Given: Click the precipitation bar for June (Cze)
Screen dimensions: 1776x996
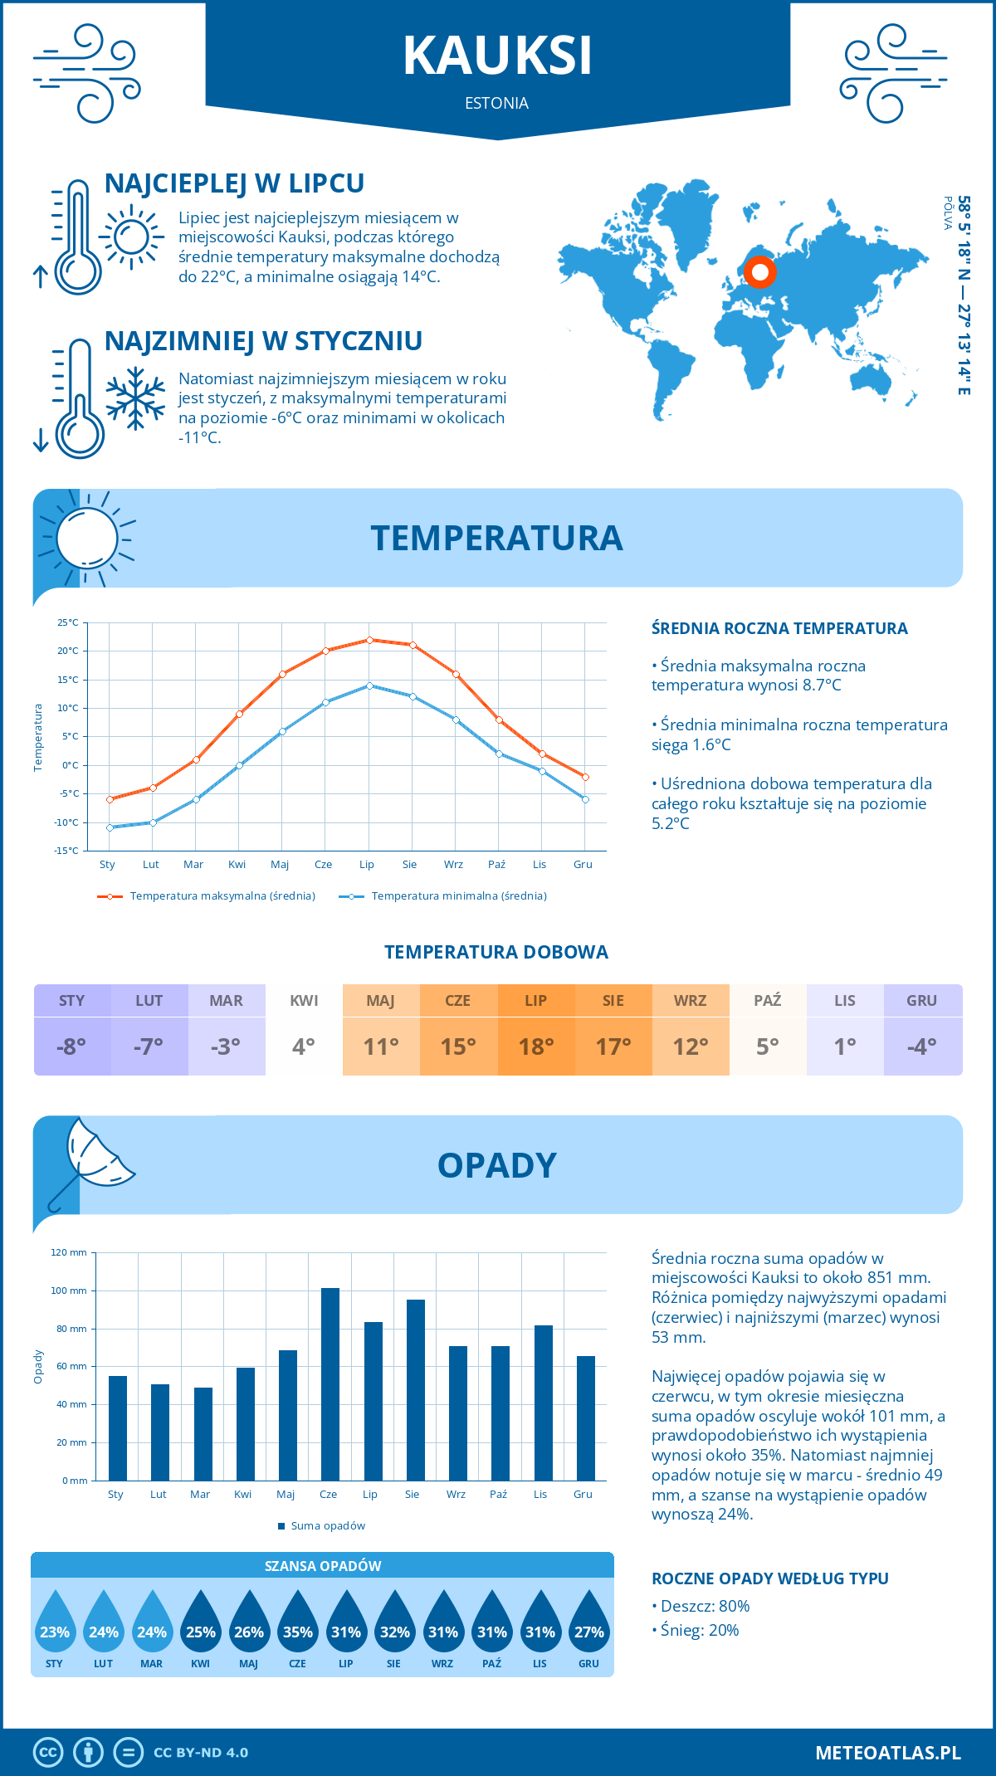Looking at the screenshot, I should pos(330,1383).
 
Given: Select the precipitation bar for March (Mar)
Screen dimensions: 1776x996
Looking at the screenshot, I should pos(203,1433).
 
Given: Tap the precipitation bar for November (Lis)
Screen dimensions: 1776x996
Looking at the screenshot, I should pos(544,1403).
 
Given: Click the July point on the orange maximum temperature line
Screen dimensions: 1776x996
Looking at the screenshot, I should pos(369,640).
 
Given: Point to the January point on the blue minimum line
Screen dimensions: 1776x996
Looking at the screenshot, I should pos(110,827).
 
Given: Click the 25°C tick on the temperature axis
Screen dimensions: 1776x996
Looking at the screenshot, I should pos(68,622).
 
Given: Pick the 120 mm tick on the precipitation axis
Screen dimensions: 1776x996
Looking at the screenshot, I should pos(69,1252).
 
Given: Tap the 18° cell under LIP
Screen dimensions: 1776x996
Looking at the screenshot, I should pos(536,1047).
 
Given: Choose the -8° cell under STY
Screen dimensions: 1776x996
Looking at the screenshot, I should pos(72,1047).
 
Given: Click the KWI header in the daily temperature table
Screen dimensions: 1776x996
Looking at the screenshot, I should pos(304,1001).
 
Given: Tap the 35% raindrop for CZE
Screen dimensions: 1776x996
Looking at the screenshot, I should pos(297,1627).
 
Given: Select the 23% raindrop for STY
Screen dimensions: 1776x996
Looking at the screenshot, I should pos(55,1627).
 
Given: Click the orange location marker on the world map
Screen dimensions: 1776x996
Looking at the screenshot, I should pos(759,272).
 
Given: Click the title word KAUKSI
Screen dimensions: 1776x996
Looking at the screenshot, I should pos(497,56).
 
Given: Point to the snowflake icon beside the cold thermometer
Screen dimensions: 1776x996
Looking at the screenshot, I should pos(135,398).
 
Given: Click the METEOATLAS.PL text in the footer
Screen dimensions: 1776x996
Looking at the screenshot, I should pos(887,1752).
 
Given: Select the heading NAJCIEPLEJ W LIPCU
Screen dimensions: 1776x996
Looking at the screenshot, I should pos(234,183).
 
